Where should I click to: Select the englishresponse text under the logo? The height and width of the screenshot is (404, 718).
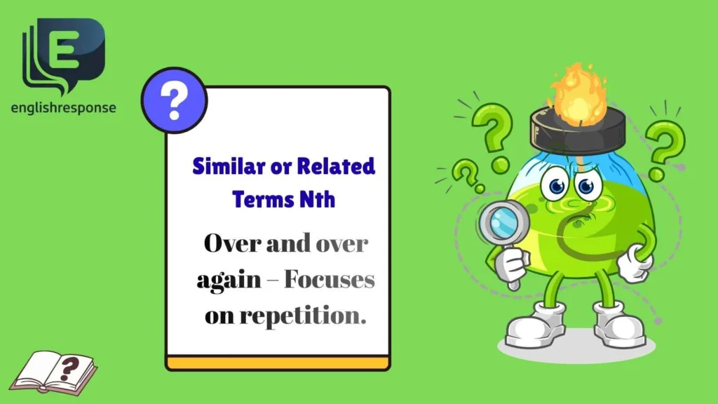tap(64, 108)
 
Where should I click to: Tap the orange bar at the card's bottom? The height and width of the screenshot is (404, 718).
tap(277, 363)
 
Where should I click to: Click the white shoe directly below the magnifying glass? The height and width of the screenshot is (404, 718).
tap(534, 325)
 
